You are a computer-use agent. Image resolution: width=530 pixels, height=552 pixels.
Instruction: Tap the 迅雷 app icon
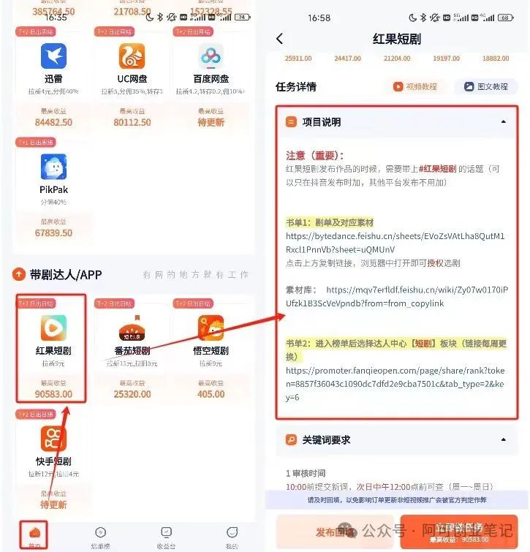[x=53, y=56]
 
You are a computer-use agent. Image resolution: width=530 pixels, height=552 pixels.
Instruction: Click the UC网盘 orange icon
[x=132, y=56]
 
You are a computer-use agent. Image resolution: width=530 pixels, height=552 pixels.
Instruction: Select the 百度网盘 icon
[x=211, y=56]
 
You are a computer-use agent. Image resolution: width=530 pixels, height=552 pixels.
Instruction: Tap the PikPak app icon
[x=53, y=167]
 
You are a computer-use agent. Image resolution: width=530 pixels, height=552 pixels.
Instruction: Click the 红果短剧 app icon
[x=53, y=328]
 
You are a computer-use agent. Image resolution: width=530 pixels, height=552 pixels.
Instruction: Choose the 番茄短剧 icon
[x=132, y=328]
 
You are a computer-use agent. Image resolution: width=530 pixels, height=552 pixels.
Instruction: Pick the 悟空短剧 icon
[x=211, y=328]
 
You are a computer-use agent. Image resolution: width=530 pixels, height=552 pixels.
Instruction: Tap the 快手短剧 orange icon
[x=53, y=439]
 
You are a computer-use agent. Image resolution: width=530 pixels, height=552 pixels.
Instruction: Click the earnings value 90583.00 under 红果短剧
[x=53, y=394]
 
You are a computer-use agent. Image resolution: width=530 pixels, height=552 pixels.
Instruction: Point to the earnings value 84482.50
[x=53, y=122]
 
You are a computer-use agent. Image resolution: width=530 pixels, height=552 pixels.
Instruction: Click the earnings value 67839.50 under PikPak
[x=53, y=233]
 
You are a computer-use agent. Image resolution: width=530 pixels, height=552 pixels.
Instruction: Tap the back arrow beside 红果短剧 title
[x=280, y=39]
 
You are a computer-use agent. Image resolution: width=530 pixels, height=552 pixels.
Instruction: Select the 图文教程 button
[x=485, y=86]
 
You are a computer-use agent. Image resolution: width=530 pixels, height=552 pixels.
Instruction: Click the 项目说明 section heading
[x=322, y=122]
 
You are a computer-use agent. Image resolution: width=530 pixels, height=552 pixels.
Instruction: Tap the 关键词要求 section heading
[x=326, y=439]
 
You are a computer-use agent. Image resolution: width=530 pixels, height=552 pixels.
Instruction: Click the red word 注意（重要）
[x=314, y=155]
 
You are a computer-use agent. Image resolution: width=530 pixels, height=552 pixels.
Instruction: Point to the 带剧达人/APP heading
[x=66, y=274]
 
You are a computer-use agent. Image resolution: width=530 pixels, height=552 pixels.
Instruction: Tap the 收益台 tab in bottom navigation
[x=166, y=537]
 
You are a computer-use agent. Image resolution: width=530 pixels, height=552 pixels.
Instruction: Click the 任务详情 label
[x=296, y=86]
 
